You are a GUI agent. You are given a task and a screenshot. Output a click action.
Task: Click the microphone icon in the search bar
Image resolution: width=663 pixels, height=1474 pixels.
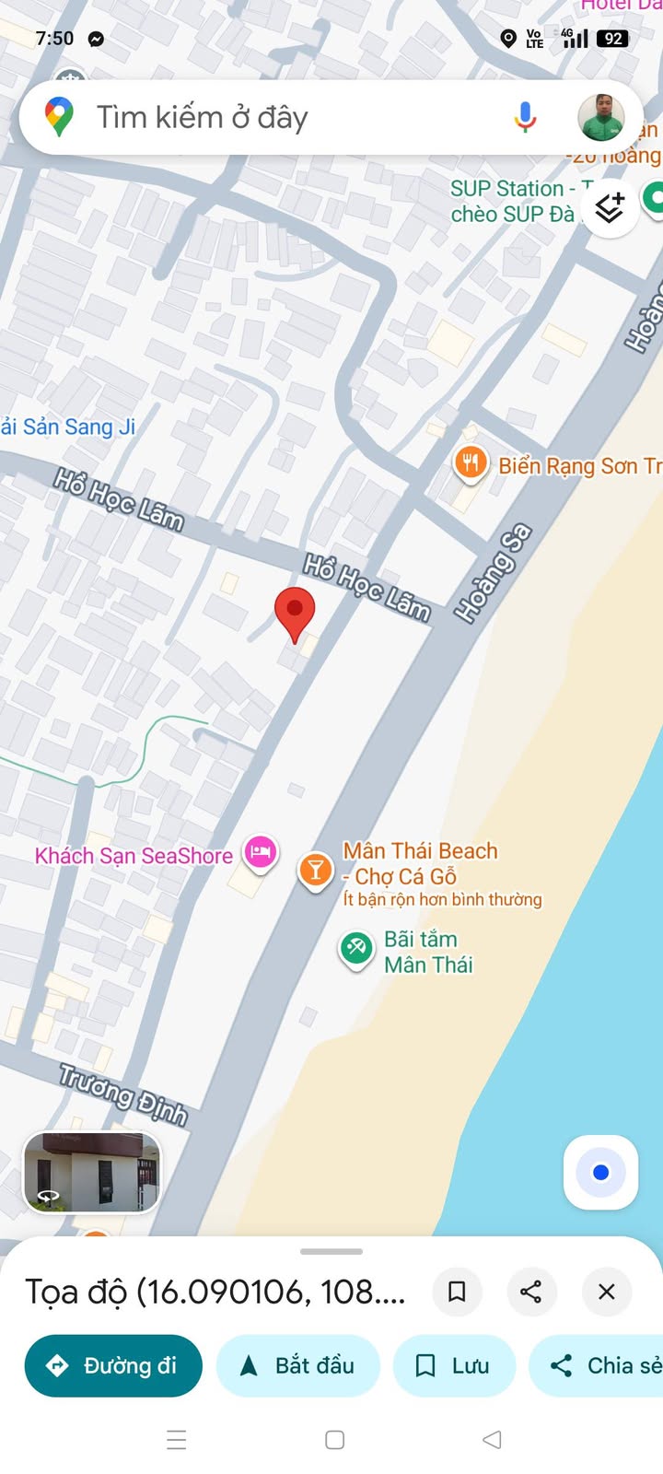525,117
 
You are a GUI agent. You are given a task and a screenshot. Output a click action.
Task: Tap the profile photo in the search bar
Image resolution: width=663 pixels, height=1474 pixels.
601,117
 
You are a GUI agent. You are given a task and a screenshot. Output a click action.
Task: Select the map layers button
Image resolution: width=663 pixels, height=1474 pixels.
609,208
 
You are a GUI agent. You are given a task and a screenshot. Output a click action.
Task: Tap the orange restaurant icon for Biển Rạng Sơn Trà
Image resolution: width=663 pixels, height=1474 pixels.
471,462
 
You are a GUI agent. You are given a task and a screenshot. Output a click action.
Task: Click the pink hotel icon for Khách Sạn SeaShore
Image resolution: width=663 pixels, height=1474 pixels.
261,852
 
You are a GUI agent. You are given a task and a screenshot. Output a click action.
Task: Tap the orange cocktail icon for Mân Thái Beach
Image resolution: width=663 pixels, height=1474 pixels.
315,870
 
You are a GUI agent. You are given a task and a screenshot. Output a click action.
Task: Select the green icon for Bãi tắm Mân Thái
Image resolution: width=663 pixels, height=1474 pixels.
356,948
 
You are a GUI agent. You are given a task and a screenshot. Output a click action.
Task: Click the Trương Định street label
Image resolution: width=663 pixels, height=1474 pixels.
123,1094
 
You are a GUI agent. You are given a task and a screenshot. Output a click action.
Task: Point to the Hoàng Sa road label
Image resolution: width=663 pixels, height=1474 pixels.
494,572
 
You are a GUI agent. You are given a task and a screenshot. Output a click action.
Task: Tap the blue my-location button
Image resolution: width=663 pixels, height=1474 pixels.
600,1172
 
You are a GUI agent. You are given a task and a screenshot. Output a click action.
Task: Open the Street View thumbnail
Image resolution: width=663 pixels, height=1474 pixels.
92,1172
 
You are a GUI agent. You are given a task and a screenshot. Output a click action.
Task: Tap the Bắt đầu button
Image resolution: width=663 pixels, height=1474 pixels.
298,1365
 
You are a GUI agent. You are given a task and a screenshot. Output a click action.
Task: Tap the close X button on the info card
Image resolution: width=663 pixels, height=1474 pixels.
606,1292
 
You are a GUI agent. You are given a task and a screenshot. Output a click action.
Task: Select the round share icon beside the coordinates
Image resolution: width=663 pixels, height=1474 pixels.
530,1292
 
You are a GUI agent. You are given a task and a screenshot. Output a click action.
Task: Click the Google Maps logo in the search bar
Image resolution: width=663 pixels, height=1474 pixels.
59,117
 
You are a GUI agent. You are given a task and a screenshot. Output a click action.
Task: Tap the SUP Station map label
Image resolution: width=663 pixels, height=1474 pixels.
512,201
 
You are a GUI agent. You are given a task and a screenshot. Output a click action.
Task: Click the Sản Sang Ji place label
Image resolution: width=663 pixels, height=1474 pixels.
70,427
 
